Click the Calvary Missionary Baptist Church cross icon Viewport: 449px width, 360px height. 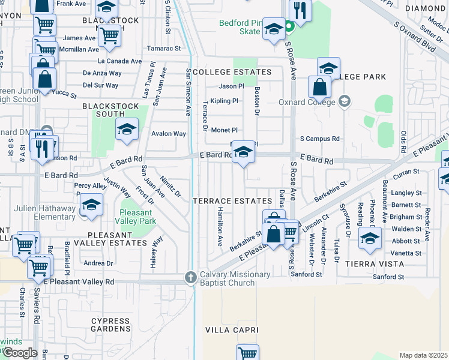point(190,277)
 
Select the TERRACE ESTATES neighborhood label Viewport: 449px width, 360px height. point(232,200)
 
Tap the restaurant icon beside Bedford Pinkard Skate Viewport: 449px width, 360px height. point(298,10)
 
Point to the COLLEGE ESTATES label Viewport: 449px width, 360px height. point(232,72)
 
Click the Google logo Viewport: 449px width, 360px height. point(20,353)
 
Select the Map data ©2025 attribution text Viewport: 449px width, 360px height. point(423,355)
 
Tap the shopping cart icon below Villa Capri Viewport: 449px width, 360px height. point(247,353)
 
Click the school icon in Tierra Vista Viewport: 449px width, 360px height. point(370,237)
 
